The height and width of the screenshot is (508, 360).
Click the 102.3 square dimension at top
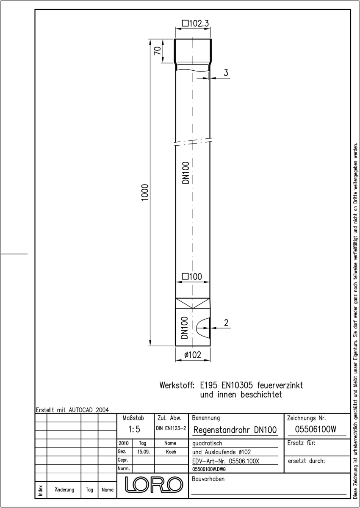pos(195,23)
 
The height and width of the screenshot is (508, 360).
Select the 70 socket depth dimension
pos(158,50)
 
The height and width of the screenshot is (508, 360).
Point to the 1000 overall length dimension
pos(145,192)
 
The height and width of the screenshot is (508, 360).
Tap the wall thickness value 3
pos(226,73)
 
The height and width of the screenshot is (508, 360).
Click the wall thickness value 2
pos(226,323)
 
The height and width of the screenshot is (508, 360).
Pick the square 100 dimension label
pos(192,277)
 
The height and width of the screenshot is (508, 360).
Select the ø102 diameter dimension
pos(193,355)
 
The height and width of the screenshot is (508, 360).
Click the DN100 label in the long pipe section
pos(186,173)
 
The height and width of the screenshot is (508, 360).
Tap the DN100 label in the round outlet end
pos(185,328)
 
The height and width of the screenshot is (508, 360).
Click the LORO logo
pos(154,484)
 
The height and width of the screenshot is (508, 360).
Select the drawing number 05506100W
pos(316,429)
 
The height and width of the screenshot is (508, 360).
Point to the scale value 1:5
pos(134,429)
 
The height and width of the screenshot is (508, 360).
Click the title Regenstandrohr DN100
pos(235,430)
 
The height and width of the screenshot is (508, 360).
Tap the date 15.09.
pos(144,452)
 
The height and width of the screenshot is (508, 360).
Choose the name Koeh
pos(171,452)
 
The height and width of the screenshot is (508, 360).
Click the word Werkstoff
pos(177,386)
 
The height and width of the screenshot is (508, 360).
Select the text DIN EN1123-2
pos(171,428)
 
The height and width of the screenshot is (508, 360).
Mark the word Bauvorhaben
pos(208,479)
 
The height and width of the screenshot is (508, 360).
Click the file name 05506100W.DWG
pos(209,469)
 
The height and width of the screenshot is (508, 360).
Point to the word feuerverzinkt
pos(280,386)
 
